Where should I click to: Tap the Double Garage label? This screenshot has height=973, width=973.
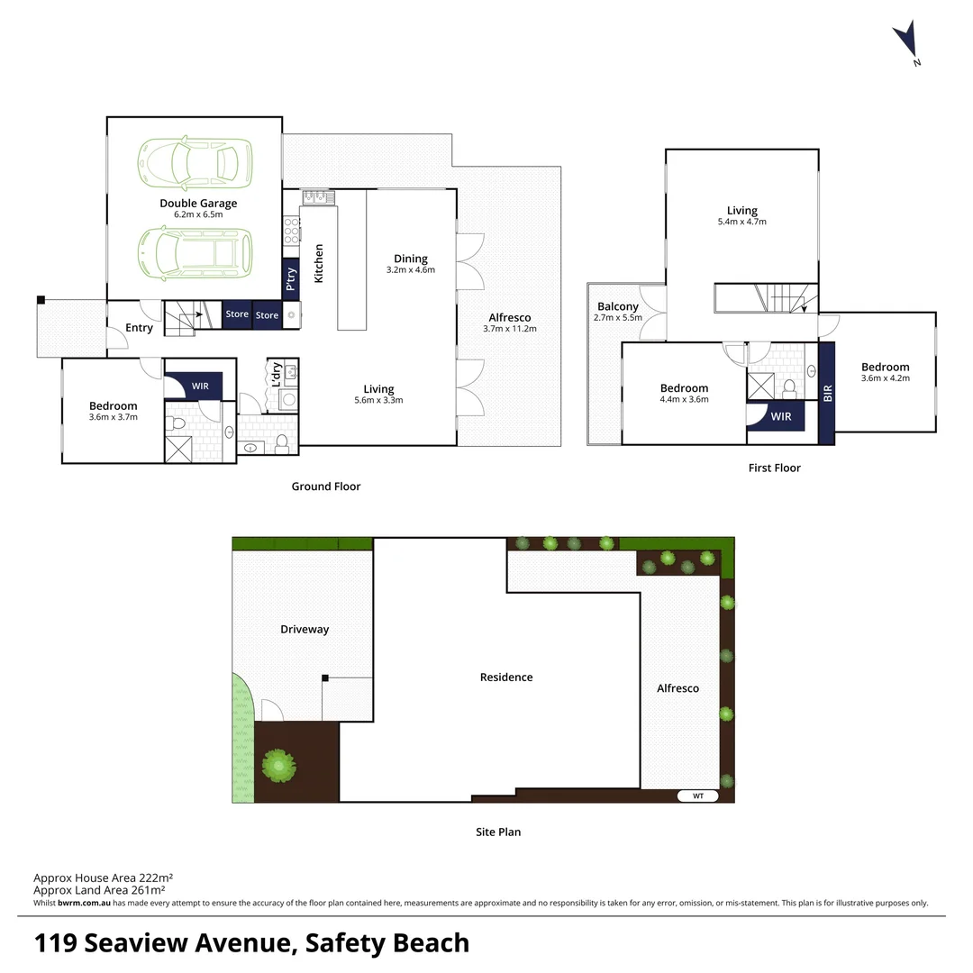(x=198, y=204)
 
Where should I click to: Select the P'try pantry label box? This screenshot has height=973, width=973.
(x=290, y=280)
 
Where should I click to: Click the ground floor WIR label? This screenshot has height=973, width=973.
(x=200, y=386)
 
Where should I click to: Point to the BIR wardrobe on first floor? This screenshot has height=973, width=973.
(x=827, y=393)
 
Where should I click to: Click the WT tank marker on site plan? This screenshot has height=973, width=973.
(x=698, y=796)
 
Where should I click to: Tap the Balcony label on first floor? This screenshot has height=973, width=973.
(x=617, y=307)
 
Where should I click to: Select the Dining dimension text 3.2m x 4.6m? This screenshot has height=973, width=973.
(x=410, y=270)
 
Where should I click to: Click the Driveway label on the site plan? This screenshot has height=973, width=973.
(x=305, y=629)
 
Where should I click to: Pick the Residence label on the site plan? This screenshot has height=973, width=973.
(x=506, y=677)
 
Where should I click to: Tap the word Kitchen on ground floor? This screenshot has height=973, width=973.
(x=318, y=264)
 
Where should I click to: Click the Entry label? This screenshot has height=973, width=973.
(x=139, y=328)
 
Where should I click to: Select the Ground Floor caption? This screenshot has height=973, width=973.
(x=325, y=486)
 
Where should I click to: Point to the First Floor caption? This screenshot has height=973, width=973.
(x=774, y=468)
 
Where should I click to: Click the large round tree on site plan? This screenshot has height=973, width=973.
(x=278, y=766)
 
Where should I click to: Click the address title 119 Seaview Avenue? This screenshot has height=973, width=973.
(x=251, y=943)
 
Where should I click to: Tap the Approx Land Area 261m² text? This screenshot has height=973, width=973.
(x=103, y=890)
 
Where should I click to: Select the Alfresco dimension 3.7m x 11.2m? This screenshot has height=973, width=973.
(x=509, y=329)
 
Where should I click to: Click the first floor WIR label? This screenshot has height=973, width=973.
(x=780, y=416)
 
